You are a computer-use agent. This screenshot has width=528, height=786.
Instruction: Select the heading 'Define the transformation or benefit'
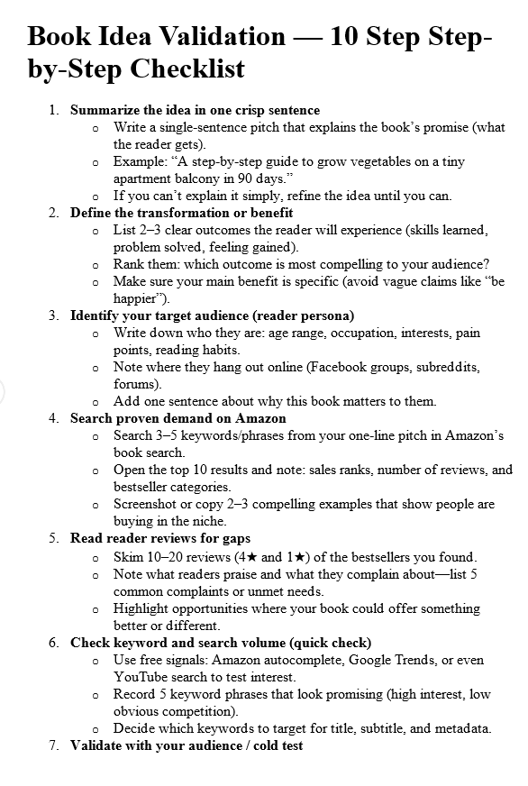[181, 213]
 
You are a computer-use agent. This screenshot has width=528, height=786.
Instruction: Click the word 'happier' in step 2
[137, 298]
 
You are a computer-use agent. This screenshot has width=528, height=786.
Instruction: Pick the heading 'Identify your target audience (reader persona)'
[212, 315]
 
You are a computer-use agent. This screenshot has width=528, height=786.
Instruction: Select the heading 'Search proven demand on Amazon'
[178, 418]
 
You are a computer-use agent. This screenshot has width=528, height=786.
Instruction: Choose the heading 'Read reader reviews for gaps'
[160, 538]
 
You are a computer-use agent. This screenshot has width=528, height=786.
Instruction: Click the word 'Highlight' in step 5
[141, 608]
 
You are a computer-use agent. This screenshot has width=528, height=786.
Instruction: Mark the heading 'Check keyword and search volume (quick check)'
[220, 643]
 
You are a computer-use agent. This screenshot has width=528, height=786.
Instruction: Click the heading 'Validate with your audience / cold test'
[187, 745]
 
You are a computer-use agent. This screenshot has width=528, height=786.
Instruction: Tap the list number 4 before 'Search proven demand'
[53, 418]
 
